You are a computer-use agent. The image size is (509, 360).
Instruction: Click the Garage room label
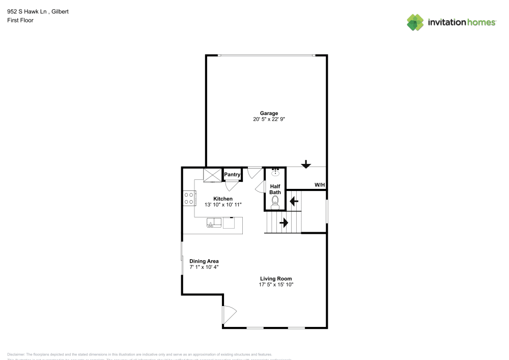click(x=269, y=113)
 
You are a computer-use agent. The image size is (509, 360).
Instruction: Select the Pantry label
click(x=232, y=175)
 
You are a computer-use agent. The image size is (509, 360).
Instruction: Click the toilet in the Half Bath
click(x=275, y=204)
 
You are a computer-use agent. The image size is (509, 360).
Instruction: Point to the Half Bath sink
click(x=275, y=172)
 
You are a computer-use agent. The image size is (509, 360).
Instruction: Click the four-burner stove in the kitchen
click(x=189, y=198)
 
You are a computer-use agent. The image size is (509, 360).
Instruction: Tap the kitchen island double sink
click(x=214, y=222)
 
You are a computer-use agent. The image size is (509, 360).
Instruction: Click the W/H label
click(x=320, y=184)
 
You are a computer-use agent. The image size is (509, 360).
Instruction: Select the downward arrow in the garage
click(x=306, y=164)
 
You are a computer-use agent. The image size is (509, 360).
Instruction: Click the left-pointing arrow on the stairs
click(x=294, y=201)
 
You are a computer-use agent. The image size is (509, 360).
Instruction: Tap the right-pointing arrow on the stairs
click(x=284, y=223)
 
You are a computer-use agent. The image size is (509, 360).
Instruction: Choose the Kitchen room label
click(x=223, y=199)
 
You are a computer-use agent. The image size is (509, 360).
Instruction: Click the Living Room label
click(x=276, y=279)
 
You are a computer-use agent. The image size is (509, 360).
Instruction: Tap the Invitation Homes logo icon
click(x=415, y=22)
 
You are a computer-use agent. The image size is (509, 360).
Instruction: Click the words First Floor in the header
click(x=20, y=20)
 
